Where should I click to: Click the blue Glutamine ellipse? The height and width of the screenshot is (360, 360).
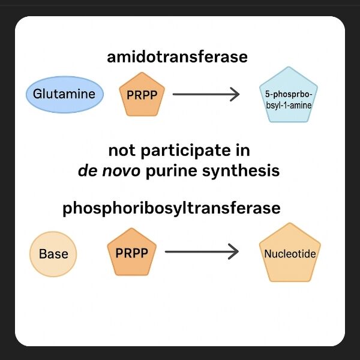pos(65,95)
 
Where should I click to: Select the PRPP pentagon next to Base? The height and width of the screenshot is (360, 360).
pos(131,251)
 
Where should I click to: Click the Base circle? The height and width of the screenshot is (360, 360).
pos(53,254)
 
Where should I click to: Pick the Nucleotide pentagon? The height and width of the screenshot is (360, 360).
pos(290,254)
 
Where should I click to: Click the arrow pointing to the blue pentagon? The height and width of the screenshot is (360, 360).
pos(205,94)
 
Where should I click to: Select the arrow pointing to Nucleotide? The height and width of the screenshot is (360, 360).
pos(202,251)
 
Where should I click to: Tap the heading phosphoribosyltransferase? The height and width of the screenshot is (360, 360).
pos(172,208)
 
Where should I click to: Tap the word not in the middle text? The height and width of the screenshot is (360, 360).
pos(122,150)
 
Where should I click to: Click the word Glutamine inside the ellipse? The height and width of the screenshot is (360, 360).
pos(65,95)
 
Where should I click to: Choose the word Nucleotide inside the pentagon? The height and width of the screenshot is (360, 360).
pos(290,254)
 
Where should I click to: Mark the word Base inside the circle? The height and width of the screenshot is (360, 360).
pos(53,254)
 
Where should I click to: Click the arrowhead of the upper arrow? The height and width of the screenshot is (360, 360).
pos(235,94)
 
